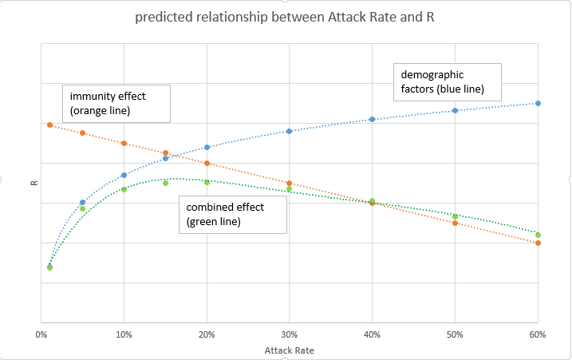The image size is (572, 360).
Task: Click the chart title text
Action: tap(286, 18)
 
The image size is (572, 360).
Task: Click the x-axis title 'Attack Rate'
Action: tap(288, 350)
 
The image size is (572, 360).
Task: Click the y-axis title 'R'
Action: tap(34, 183)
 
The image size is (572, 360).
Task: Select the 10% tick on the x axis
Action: tap(124, 334)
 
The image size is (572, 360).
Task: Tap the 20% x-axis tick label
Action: tap(207, 334)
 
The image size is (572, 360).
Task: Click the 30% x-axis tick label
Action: tap(290, 334)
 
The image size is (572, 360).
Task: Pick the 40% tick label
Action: tap(373, 334)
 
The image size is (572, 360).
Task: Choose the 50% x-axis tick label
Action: tap(455, 334)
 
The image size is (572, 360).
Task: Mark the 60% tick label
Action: tap(537, 334)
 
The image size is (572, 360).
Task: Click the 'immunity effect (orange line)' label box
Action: tap(116, 102)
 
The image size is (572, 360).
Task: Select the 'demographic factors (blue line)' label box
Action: tap(447, 81)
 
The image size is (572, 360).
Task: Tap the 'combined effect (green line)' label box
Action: tap(233, 214)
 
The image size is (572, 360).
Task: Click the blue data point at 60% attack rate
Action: tap(538, 103)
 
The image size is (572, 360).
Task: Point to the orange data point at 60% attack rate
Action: tap(538, 243)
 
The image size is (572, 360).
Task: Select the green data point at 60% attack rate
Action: tap(538, 235)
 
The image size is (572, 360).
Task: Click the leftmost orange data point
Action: tap(49, 125)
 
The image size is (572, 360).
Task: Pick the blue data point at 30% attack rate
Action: tap(290, 131)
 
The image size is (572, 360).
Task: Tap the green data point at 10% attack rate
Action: tap(124, 189)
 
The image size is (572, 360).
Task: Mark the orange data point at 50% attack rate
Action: tap(456, 223)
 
